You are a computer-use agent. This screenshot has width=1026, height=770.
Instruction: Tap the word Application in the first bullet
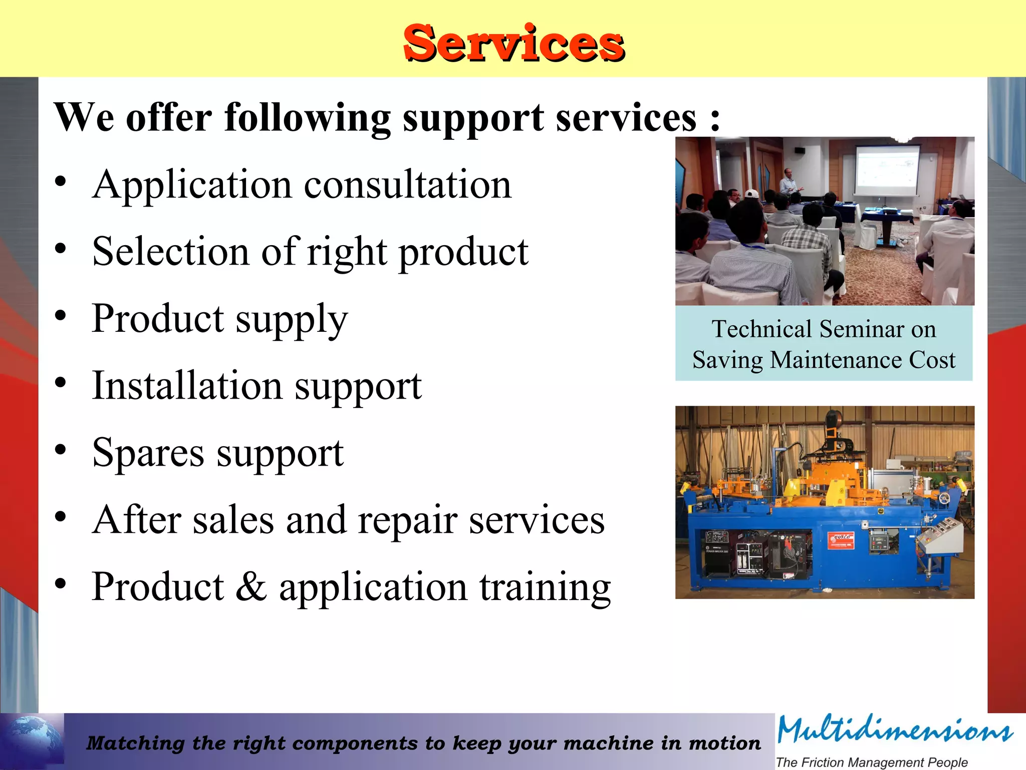pyautogui.click(x=192, y=185)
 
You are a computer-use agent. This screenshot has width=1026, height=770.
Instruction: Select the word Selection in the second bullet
pyautogui.click(x=170, y=252)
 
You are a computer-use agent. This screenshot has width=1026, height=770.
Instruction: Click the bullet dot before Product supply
pyautogui.click(x=61, y=316)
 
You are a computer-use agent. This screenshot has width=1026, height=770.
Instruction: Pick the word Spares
pyautogui.click(x=148, y=453)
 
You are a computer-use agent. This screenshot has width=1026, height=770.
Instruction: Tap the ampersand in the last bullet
pyautogui.click(x=250, y=587)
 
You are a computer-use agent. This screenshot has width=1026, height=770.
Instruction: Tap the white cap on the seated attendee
pyautogui.click(x=751, y=194)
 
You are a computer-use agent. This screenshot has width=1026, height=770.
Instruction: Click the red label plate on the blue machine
pyautogui.click(x=840, y=540)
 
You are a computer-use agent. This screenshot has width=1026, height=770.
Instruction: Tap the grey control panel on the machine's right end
pyautogui.click(x=942, y=536)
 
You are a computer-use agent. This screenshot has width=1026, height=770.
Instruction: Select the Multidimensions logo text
pyautogui.click(x=895, y=731)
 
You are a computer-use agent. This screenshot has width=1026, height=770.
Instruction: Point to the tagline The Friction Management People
pyautogui.click(x=872, y=762)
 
